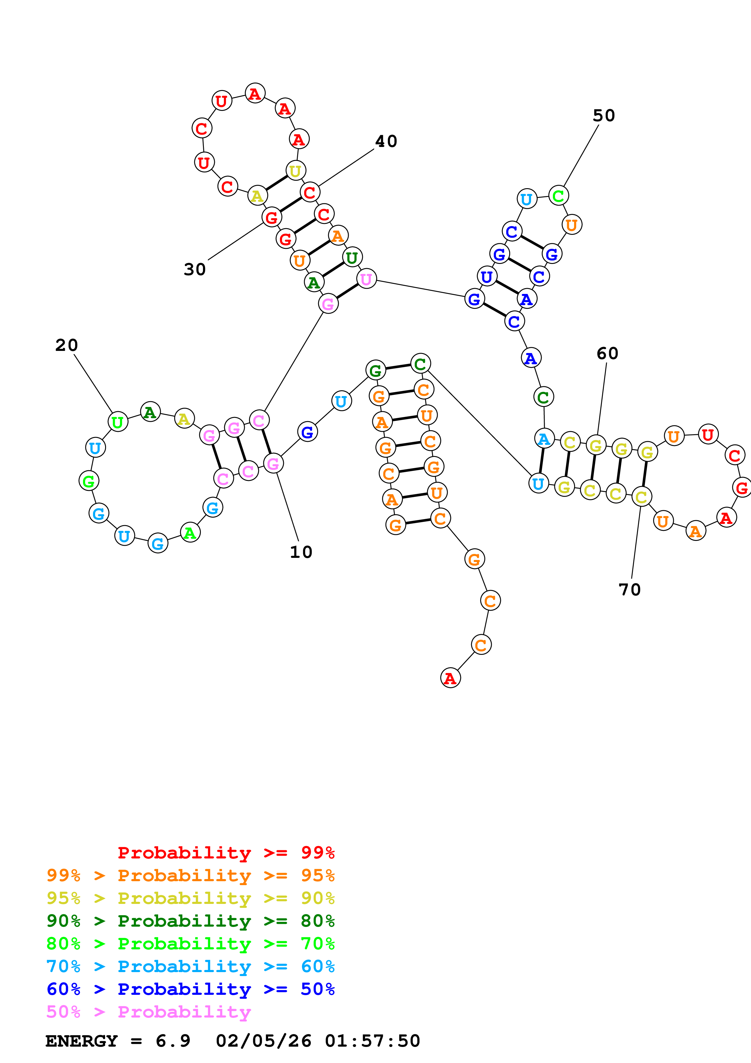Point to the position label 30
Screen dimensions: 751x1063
click(194, 269)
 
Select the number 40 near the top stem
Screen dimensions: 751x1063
click(386, 141)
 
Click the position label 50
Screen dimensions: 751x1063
click(603, 115)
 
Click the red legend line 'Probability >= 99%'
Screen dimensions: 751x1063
click(226, 852)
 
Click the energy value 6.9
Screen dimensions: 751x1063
click(173, 1041)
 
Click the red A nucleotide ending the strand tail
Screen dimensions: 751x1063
click(450, 678)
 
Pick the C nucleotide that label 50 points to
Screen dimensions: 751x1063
click(559, 196)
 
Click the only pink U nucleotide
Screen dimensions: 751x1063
click(367, 279)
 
